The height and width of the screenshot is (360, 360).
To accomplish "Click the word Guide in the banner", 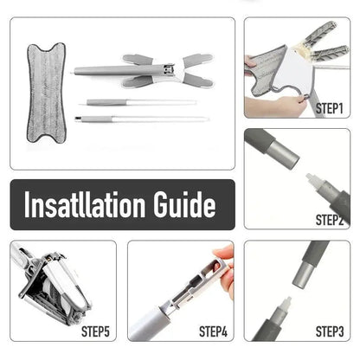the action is click(184, 204).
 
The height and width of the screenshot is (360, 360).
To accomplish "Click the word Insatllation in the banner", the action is click(85, 204).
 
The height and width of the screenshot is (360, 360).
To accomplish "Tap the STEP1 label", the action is click(330, 109).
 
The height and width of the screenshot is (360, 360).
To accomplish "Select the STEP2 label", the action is click(330, 220).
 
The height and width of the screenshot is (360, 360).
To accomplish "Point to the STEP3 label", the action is click(330, 331).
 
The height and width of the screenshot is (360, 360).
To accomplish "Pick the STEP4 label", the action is click(213, 331).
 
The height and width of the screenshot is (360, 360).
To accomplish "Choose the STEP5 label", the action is click(95, 331).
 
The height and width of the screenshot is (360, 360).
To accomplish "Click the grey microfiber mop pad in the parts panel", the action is click(46, 93).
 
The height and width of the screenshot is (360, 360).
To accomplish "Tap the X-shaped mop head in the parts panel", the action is click(145, 71).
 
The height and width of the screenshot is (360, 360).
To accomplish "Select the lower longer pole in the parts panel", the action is click(142, 119).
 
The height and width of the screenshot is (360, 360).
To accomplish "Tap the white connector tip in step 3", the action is click(286, 305).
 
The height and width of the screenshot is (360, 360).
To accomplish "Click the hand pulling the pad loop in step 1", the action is click(275, 106).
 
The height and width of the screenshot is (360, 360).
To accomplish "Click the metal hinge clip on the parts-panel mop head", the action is click(167, 69).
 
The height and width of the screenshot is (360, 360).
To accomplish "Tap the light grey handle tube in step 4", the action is click(149, 322).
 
